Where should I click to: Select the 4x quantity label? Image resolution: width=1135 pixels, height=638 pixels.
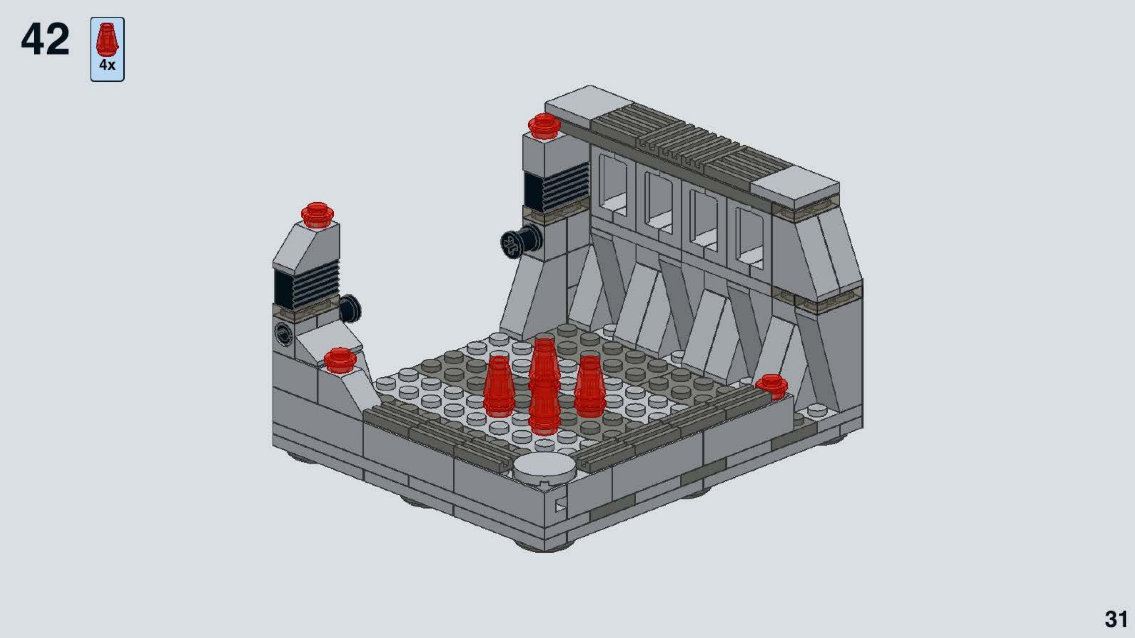107,65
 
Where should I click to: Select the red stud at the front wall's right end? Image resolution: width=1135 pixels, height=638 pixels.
771,387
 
